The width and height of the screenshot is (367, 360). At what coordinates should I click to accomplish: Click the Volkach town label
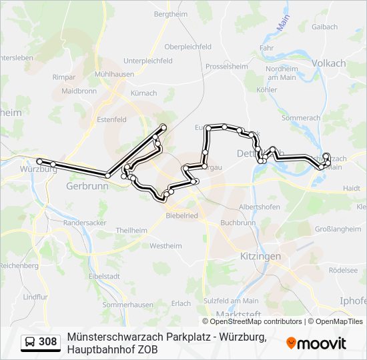coord(329,63)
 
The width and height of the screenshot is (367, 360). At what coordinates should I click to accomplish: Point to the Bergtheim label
coord(171,13)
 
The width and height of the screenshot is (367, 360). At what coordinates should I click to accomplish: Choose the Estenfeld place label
coord(111,119)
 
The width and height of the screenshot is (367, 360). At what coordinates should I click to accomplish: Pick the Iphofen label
coord(353,301)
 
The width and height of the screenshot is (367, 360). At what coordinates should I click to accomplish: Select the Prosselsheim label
coord(227,67)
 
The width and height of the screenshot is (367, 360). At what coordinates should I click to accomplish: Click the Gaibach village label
coord(325,27)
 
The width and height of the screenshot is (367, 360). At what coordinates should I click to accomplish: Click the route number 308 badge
coord(47,342)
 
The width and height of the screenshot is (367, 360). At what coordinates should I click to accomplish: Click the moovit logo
coord(316,343)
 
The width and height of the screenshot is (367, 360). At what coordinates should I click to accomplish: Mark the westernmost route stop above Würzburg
coord(40,161)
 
